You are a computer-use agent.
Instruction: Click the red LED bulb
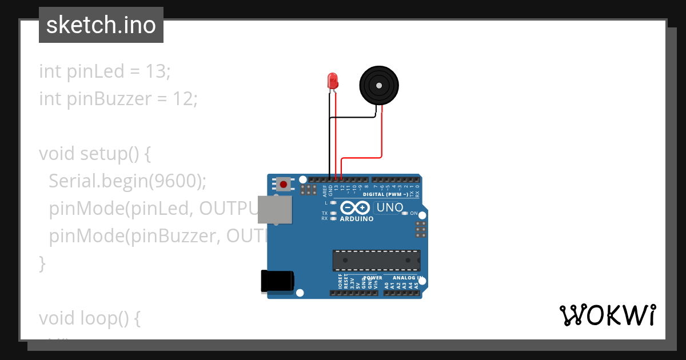click(333, 80)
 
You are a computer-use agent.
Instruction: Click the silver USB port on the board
click(274, 209)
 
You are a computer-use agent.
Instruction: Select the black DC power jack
click(277, 281)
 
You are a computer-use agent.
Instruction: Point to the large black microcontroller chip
click(376, 260)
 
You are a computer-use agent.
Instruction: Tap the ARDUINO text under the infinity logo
click(356, 219)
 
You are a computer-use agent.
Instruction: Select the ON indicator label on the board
click(414, 213)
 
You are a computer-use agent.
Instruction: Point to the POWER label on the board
click(373, 278)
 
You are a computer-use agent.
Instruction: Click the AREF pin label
click(324, 190)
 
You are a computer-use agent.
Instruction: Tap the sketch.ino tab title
click(101, 25)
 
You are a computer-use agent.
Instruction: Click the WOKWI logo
click(607, 315)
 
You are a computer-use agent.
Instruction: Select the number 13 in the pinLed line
click(155, 71)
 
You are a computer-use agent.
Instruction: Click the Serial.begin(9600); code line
click(127, 181)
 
